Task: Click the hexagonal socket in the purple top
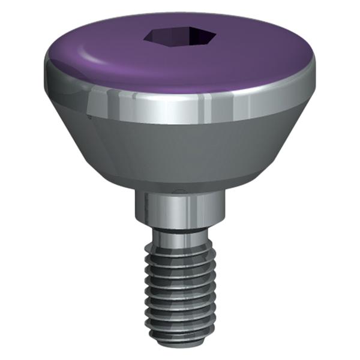click(x=179, y=38)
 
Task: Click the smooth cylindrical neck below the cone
click(x=179, y=207)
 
